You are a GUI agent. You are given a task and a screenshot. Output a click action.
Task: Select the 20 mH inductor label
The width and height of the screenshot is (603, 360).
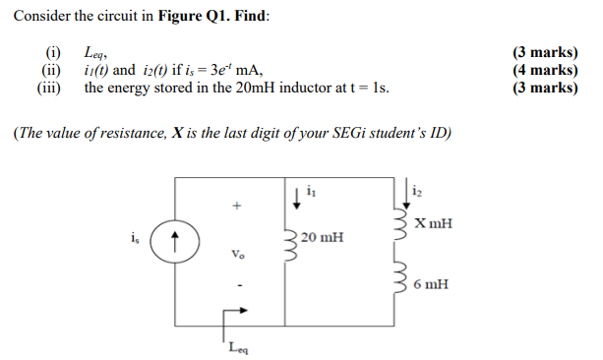[323, 237]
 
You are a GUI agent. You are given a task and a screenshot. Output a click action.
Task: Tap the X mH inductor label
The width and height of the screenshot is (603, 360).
[434, 223]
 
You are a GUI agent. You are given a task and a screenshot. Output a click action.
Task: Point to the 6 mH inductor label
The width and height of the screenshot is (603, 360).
[432, 284]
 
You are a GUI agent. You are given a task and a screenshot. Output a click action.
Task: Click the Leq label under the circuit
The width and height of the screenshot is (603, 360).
[237, 346]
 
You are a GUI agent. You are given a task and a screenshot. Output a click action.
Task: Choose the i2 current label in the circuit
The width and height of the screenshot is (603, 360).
[419, 190]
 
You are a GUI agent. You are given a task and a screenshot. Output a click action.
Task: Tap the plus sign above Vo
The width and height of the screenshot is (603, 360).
[234, 207]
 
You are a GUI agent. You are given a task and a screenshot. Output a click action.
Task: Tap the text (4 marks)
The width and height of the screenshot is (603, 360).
[545, 70]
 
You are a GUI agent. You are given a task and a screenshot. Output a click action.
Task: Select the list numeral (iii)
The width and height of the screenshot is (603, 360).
[50, 88]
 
